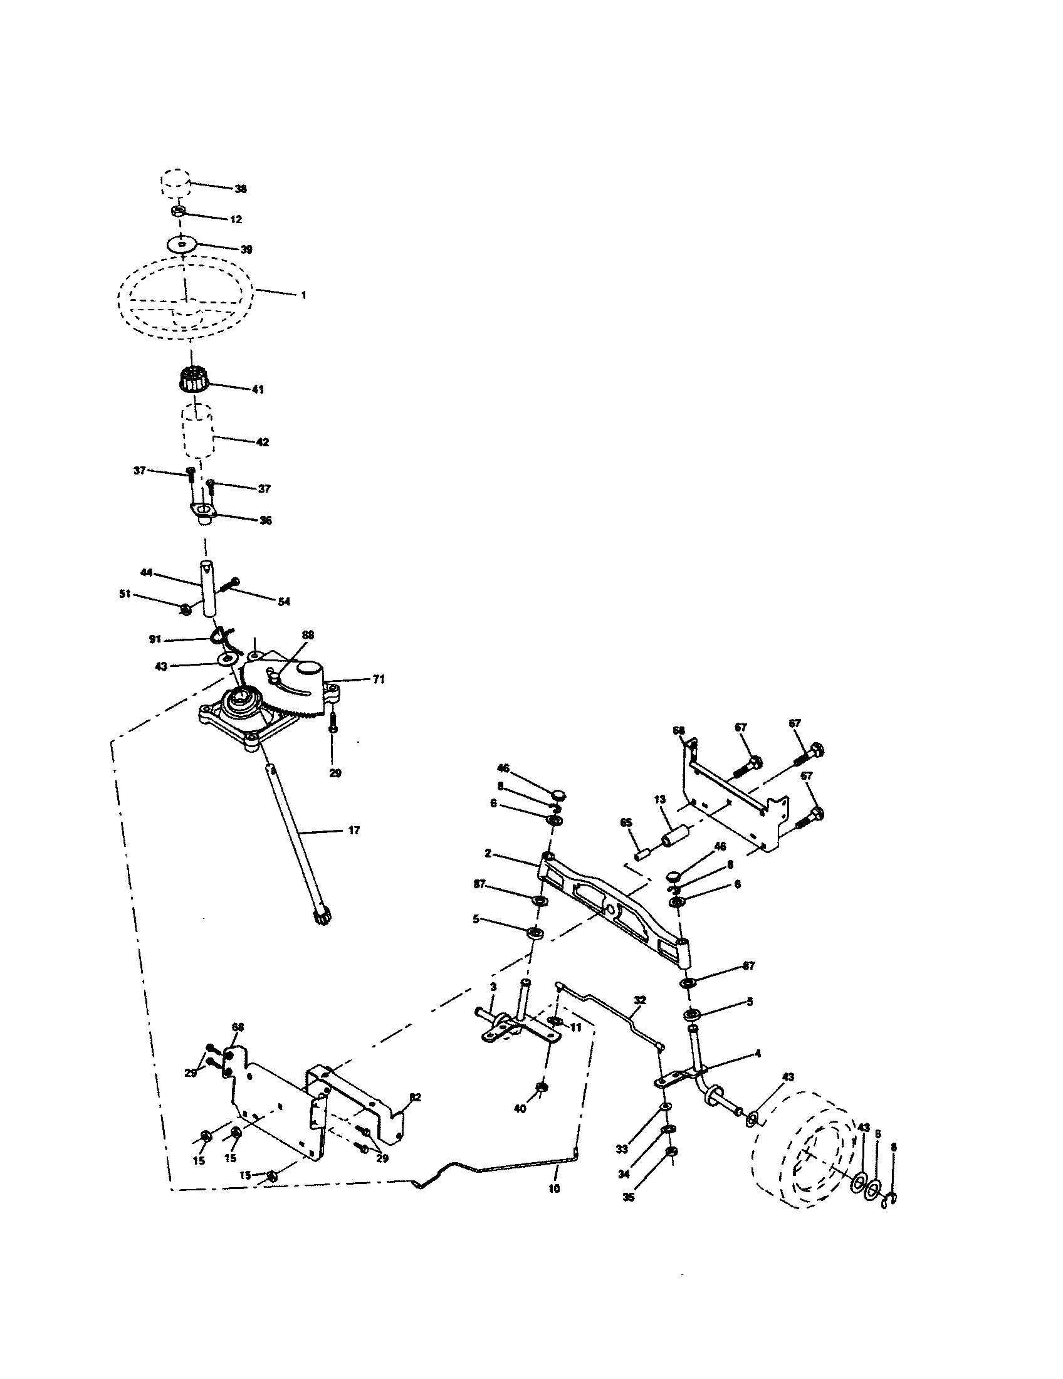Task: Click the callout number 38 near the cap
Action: coord(240,189)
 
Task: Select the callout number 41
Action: coord(258,390)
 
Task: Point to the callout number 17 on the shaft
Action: coord(354,831)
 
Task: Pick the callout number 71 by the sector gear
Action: coord(378,679)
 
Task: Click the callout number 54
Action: coord(284,602)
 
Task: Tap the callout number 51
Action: coord(125,594)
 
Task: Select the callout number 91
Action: coord(155,639)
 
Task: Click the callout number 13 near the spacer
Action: coord(659,799)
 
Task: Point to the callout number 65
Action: coord(626,823)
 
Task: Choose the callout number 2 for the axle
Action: coord(488,853)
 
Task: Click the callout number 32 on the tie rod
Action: coord(640,1000)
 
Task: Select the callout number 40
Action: coord(520,1109)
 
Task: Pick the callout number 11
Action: coord(575,1027)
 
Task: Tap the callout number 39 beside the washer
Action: coord(246,249)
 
